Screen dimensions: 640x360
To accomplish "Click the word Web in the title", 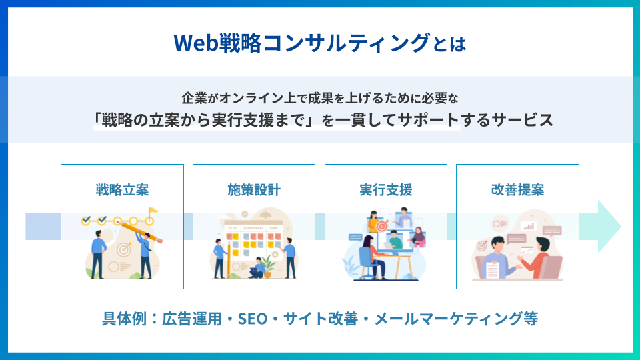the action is click(x=196, y=43).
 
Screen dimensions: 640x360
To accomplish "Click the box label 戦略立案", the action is click(x=122, y=190).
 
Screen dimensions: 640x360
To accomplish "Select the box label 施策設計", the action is click(x=254, y=190).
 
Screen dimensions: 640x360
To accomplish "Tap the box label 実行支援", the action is click(x=386, y=190).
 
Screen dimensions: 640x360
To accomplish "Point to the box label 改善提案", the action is click(x=517, y=190).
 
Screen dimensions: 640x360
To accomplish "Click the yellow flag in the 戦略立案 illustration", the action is click(x=153, y=212).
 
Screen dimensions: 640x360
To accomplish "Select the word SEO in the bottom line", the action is click(x=253, y=319).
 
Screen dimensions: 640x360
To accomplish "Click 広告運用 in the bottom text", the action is click(x=192, y=319).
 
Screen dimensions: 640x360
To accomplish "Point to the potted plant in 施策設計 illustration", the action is click(x=268, y=266).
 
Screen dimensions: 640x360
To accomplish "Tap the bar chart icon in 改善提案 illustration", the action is click(x=529, y=226).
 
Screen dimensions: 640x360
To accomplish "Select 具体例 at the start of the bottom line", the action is click(x=124, y=319).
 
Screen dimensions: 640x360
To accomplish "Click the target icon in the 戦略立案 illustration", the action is click(x=124, y=249).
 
